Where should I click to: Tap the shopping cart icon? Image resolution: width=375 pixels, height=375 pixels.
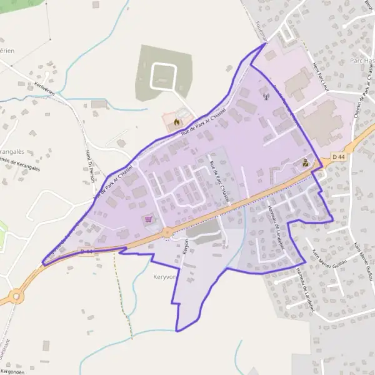[148, 219]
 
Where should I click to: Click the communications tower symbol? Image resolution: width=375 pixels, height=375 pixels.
[265, 96]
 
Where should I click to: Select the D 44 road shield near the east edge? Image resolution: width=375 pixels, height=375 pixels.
[338, 156]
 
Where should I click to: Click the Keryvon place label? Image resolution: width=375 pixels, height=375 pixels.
[162, 275]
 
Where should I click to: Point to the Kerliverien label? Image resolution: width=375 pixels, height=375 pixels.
[46, 90]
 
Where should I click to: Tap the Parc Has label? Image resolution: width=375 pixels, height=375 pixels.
[362, 61]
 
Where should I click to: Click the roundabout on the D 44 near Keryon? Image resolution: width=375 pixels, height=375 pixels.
[167, 232]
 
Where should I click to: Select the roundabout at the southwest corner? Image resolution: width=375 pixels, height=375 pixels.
[14, 296]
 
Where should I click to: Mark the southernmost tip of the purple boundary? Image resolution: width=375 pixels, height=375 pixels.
[177, 331]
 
